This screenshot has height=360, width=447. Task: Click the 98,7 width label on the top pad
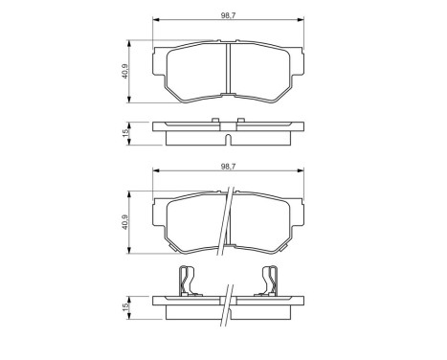point(227,13)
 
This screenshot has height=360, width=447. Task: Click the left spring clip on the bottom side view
point(190,282)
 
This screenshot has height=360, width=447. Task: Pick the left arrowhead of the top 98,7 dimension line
point(156,22)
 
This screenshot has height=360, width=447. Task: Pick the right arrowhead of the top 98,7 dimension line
point(299,22)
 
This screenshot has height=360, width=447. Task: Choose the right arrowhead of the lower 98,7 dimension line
point(299,173)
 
